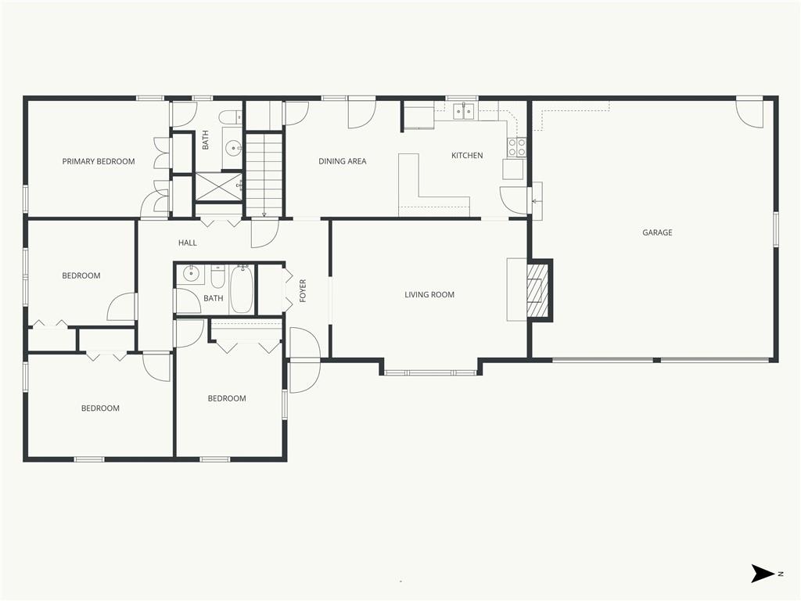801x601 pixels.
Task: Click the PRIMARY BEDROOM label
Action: click(x=99, y=161)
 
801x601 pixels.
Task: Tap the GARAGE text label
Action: click(x=657, y=232)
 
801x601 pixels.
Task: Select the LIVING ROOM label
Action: click(x=429, y=294)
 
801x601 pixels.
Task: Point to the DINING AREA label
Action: click(x=343, y=161)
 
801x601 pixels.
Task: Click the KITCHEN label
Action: click(x=467, y=156)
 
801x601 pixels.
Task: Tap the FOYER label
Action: click(x=303, y=290)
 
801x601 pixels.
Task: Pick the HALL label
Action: click(x=188, y=243)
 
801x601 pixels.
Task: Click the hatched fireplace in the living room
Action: click(x=537, y=290)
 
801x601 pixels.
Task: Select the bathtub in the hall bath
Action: click(x=241, y=290)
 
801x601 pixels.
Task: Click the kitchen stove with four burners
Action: click(x=516, y=148)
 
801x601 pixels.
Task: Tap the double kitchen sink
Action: click(x=464, y=111)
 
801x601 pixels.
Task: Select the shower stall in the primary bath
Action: click(x=219, y=188)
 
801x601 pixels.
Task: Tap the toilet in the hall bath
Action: click(x=218, y=276)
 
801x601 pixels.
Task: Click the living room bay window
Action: click(x=432, y=372)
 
